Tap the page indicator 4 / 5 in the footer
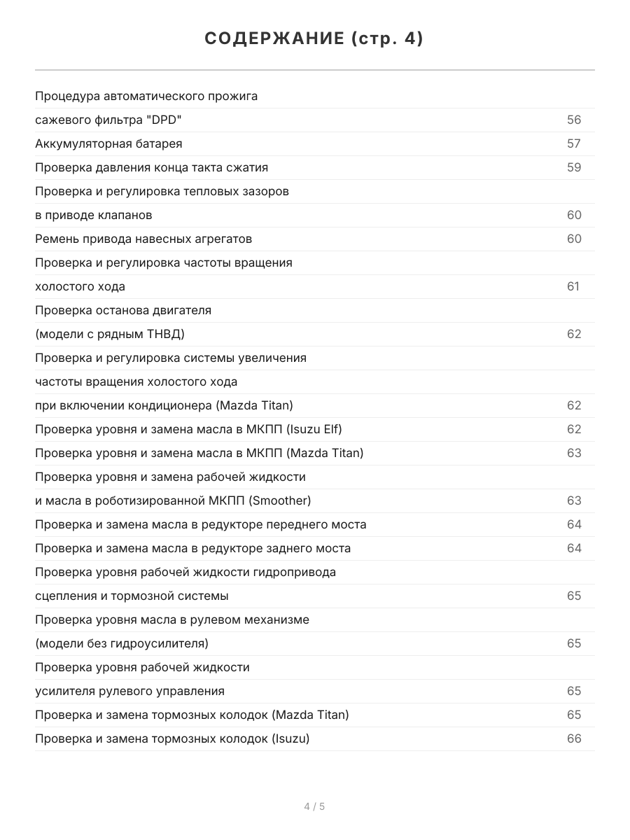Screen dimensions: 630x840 [314, 806]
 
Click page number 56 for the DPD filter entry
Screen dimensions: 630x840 [574, 120]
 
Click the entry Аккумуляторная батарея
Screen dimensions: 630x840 [108, 143]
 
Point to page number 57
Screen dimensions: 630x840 [574, 143]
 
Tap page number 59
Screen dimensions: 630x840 [574, 167]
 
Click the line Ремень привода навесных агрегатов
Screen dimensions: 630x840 [143, 239]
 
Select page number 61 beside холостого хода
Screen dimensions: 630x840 [573, 286]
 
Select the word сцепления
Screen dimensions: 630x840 [67, 596]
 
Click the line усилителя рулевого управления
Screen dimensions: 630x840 [130, 691]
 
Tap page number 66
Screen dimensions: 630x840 [574, 738]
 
